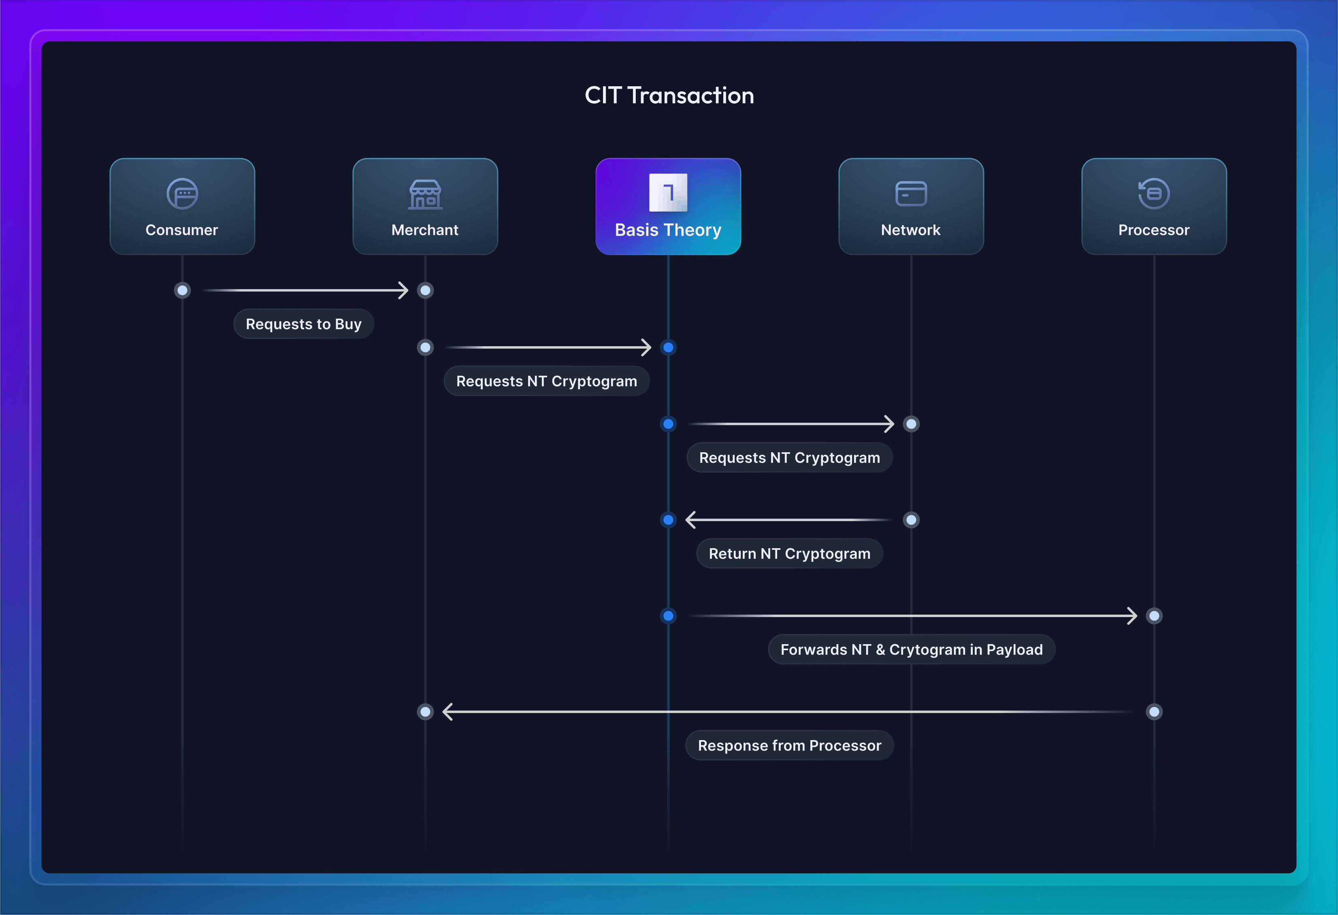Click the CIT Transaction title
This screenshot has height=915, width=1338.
pos(669,96)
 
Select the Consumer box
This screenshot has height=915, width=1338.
pos(182,206)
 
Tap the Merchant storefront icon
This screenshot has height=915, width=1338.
pos(425,194)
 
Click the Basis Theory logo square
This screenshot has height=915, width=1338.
pos(668,193)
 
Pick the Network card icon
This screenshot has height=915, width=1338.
pos(911,194)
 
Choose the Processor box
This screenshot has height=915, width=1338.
pos(1154,206)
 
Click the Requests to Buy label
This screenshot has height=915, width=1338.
pos(303,324)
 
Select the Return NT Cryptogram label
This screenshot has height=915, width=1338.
pos(789,553)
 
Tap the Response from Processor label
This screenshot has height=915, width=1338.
pos(789,745)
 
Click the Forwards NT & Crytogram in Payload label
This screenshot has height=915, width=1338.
pos(912,650)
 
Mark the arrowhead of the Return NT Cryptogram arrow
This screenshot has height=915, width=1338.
pos(690,520)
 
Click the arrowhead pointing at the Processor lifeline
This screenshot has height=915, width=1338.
pos(1132,616)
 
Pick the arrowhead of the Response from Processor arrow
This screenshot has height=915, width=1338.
pos(447,712)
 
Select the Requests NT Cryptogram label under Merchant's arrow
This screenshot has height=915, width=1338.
pos(546,381)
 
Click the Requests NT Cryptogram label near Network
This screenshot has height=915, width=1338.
pos(789,457)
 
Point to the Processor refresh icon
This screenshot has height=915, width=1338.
pos(1154,194)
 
